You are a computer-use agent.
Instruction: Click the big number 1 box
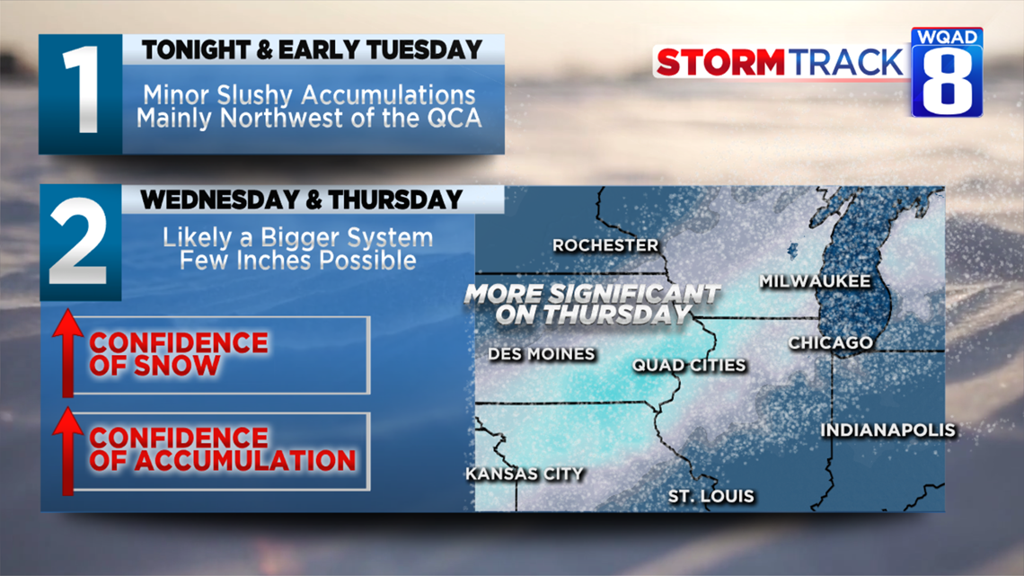coord(80,94)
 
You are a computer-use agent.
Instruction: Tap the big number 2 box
coord(80,243)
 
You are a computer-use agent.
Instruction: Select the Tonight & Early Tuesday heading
coord(313,49)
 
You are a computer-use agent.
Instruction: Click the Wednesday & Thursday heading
coord(302,199)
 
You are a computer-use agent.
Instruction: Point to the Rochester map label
coord(605,245)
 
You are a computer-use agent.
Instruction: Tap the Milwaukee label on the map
coord(815,281)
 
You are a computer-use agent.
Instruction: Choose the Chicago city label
coord(831,343)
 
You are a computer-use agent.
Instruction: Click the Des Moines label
coord(542,354)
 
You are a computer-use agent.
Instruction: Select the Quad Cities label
coord(689,365)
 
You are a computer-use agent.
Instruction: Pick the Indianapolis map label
coord(888,430)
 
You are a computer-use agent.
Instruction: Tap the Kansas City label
coord(525,474)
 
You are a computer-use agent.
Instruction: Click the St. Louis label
coord(711,496)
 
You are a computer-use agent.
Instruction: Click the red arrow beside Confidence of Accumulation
coord(67,450)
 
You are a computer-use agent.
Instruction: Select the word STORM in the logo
coord(720,63)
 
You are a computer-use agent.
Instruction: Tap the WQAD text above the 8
coord(947,37)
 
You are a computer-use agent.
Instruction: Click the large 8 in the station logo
coord(947,81)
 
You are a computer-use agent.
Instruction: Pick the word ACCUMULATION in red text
coord(246,461)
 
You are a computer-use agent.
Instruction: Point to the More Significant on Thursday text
coord(592,305)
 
